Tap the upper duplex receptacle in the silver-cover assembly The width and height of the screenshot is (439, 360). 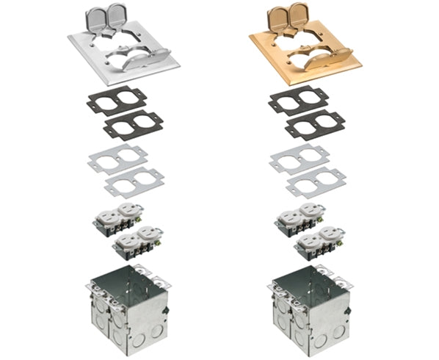tap(117, 218)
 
